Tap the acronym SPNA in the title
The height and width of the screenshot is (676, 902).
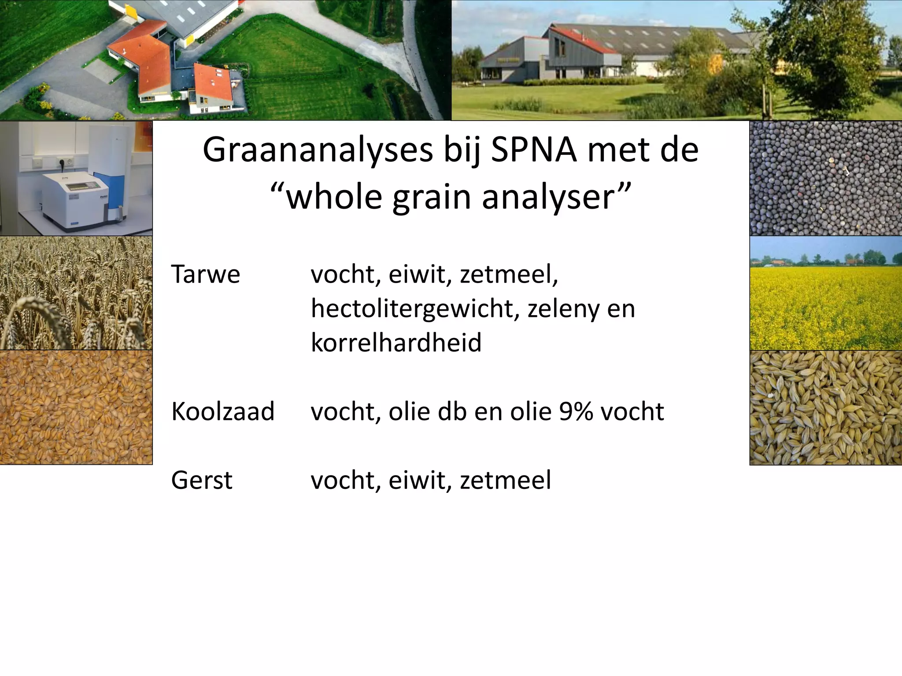(x=533, y=151)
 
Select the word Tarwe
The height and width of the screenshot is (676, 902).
(x=205, y=275)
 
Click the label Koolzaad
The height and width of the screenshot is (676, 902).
(x=222, y=412)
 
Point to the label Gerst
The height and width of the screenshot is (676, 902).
(x=201, y=480)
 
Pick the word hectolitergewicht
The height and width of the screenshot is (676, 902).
(x=413, y=309)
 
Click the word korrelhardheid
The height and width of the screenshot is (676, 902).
(x=396, y=343)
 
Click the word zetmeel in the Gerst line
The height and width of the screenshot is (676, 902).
(x=505, y=480)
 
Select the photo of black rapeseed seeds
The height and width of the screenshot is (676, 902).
(x=825, y=178)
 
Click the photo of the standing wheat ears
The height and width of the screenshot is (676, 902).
(x=76, y=293)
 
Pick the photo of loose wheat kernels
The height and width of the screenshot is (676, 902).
(x=76, y=407)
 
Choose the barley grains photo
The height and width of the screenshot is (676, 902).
(x=825, y=408)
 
